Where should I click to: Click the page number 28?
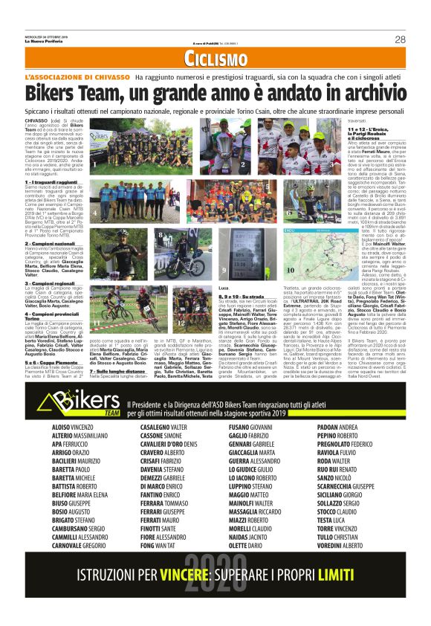pyautogui.click(x=400, y=39)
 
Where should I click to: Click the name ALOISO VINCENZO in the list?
pyautogui.click(x=74, y=427)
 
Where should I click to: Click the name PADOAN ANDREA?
pyautogui.click(x=338, y=427)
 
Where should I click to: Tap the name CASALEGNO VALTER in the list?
pyautogui.click(x=166, y=427)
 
